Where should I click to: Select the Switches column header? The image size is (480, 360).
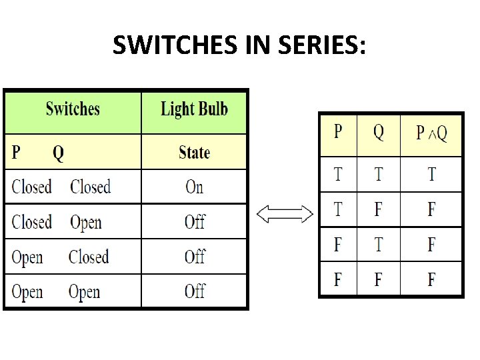tap(73, 109)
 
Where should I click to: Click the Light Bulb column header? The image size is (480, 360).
tap(194, 109)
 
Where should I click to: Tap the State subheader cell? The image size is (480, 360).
tap(194, 153)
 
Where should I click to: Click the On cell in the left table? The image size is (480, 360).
tap(194, 187)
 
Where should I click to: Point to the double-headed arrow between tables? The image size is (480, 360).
tap(285, 214)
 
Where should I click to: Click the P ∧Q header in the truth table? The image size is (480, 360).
tap(431, 133)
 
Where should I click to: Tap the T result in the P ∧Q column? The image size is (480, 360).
tap(431, 175)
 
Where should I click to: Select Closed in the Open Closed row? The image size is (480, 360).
tap(89, 257)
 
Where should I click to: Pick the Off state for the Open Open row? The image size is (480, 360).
tap(194, 291)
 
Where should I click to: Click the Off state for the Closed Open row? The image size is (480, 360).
tap(194, 222)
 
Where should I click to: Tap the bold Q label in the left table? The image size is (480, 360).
tap(59, 153)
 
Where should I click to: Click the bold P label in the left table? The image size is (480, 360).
tap(16, 153)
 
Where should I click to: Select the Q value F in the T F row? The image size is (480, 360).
tap(378, 210)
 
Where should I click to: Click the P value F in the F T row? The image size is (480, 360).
tap(338, 245)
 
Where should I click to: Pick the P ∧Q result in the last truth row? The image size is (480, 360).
tap(431, 279)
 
